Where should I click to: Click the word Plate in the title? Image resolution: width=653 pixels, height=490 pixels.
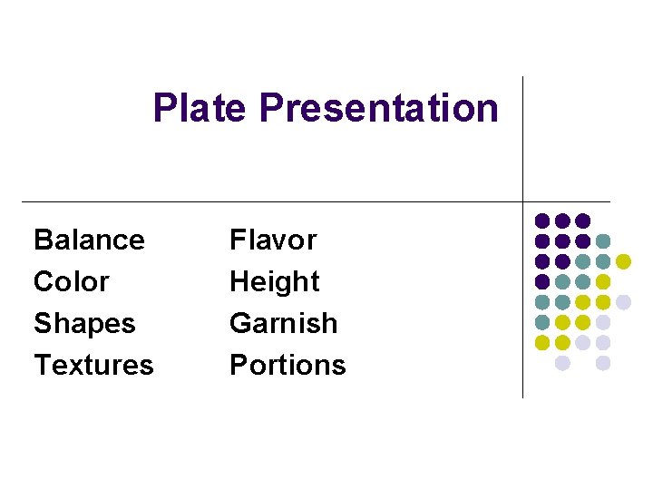tap(200, 108)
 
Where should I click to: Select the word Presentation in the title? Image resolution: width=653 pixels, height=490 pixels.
tap(378, 108)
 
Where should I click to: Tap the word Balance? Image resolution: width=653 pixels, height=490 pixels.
tap(89, 240)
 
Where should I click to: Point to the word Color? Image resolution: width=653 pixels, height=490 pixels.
tap(71, 282)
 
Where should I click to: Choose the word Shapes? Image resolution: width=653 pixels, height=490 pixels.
tap(84, 324)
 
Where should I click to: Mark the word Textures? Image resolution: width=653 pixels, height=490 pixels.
tap(93, 366)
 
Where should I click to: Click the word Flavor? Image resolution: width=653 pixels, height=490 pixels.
tap(273, 240)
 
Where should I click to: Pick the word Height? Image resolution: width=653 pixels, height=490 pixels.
tap(275, 282)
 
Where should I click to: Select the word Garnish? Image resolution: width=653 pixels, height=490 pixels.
tap(284, 324)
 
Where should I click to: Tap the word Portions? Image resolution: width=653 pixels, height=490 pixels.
tap(288, 366)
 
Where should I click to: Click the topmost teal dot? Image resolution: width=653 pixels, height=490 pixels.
tap(603, 241)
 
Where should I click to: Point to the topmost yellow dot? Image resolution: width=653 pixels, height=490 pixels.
tap(623, 261)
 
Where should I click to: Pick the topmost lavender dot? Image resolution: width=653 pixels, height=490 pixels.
tap(623, 302)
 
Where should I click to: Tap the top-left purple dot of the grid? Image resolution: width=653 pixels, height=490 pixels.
tap(542, 220)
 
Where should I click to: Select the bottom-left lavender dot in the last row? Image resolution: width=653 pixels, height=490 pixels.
tap(562, 363)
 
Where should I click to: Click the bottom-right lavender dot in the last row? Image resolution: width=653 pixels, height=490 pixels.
tap(603, 363)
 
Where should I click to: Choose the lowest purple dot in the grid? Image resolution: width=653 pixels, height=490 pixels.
tap(542, 281)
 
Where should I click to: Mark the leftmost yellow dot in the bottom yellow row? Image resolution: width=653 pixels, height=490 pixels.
tap(542, 342)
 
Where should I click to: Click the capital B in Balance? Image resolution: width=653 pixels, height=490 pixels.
tap(43, 240)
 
